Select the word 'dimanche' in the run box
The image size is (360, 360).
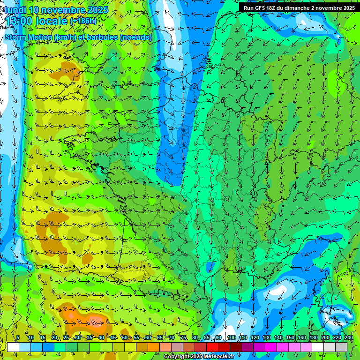tap(307, 8)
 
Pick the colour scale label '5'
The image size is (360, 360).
tap(18, 337)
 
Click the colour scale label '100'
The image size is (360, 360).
tap(231, 337)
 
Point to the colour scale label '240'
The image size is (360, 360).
tap(349, 337)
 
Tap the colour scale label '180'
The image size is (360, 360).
tap(313, 337)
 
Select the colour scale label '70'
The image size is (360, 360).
tap(172, 337)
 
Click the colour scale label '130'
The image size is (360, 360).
tap(266, 337)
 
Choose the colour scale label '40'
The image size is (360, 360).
tap(101, 337)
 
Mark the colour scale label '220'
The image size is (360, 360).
tap(337, 337)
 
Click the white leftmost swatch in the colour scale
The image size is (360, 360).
tap(13, 347)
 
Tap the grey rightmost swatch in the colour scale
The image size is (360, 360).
tap(341, 347)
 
